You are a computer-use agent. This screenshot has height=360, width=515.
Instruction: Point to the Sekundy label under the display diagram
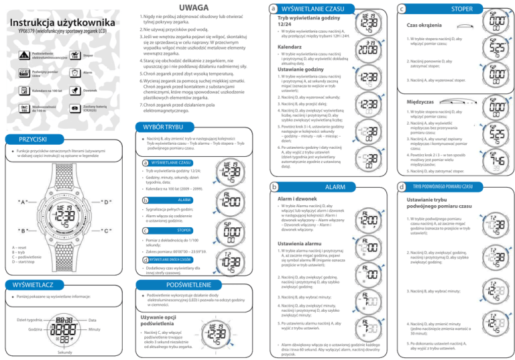click(x=65, y=353)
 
